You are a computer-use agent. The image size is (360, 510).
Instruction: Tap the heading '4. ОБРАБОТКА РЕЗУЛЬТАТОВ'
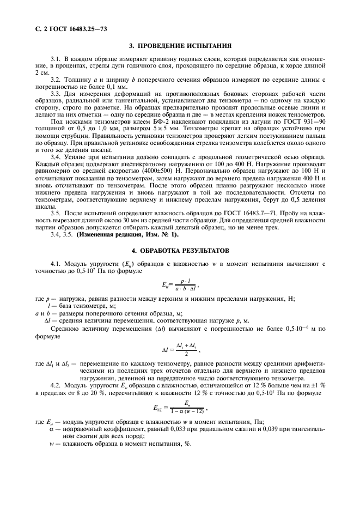pos(180,251)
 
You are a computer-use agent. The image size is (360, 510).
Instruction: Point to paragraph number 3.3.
pos(56,94)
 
